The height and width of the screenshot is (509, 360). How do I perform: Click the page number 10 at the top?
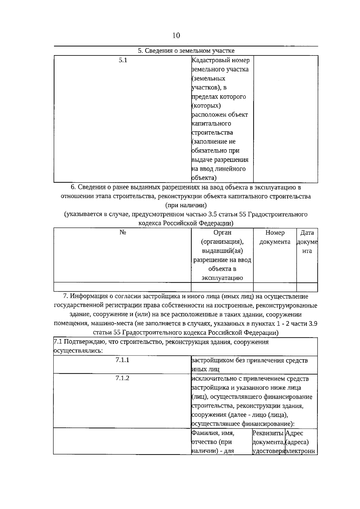(x=176, y=36)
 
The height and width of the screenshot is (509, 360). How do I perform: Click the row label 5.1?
(x=123, y=60)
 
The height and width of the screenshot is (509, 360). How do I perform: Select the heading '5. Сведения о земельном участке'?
(x=186, y=51)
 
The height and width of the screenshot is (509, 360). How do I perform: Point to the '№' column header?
(x=122, y=233)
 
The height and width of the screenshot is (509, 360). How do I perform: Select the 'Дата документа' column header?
(x=307, y=242)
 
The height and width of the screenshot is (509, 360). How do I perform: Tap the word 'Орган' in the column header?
(x=222, y=233)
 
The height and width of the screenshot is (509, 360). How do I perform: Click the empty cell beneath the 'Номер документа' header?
(x=275, y=287)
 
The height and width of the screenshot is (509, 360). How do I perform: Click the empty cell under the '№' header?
(x=122, y=287)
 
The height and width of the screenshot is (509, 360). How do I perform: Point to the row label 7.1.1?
(x=122, y=360)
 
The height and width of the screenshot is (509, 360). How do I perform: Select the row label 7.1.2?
(x=122, y=378)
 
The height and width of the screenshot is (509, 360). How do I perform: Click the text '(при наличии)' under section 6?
(x=186, y=205)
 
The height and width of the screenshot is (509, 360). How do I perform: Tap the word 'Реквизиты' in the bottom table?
(x=268, y=433)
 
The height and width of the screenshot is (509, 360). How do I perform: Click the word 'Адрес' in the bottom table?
(x=295, y=433)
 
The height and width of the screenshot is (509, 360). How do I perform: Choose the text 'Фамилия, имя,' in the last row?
(x=213, y=433)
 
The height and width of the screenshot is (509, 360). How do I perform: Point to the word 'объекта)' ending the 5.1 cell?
(x=204, y=178)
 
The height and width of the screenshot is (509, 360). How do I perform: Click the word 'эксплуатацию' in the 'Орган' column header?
(x=222, y=278)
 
